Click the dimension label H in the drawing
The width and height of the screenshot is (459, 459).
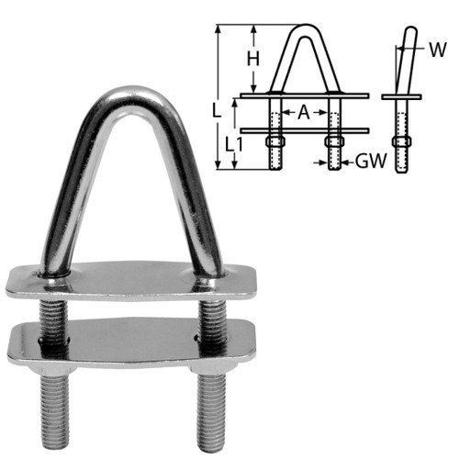252,58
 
